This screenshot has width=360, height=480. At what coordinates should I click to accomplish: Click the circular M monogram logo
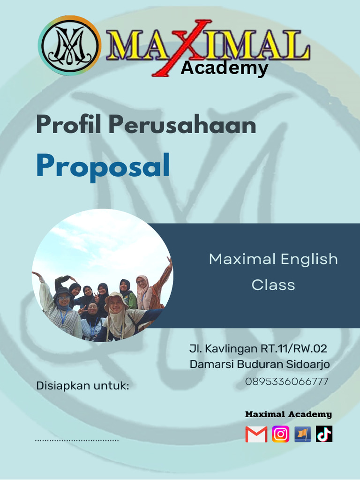(x=69, y=45)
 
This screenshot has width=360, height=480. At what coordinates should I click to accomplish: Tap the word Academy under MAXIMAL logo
(x=225, y=68)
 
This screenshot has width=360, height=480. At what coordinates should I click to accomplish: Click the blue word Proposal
(x=103, y=166)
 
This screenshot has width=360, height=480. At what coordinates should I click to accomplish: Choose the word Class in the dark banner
(x=273, y=285)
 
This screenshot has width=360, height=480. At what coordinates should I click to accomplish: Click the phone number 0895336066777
(x=286, y=382)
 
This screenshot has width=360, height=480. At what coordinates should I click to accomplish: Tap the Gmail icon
(x=256, y=435)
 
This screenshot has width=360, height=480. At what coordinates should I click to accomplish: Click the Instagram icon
(x=280, y=435)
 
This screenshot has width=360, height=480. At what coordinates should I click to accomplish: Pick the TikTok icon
(x=324, y=435)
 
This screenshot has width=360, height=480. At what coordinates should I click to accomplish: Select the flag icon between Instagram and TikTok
(x=302, y=435)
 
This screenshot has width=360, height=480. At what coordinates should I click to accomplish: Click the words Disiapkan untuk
(x=82, y=386)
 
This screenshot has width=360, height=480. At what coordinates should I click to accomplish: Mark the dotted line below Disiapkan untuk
(x=77, y=441)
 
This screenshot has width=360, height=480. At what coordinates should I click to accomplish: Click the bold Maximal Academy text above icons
(x=288, y=414)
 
